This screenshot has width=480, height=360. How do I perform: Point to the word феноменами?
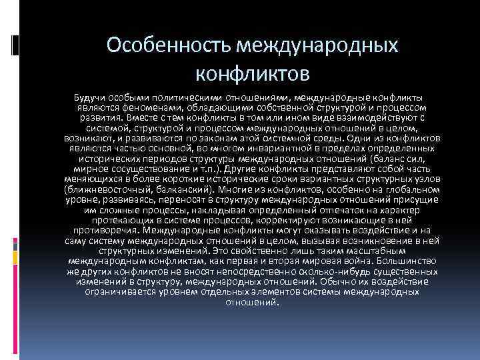point(141,108)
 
